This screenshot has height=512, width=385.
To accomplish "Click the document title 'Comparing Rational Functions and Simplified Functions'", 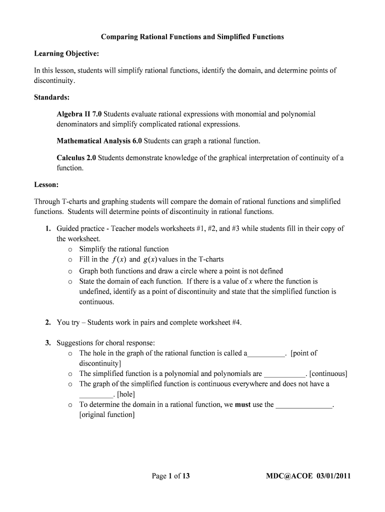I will (x=192, y=37).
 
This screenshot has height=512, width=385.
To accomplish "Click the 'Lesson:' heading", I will (x=46, y=184).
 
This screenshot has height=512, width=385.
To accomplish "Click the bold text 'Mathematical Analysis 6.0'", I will (x=99, y=140).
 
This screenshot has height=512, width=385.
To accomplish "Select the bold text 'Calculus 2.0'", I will (x=76, y=158).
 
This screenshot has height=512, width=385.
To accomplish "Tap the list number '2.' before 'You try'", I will (x=48, y=322).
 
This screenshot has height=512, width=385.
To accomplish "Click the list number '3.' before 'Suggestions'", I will (x=48, y=343).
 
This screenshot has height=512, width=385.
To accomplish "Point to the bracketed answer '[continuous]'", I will (x=328, y=373).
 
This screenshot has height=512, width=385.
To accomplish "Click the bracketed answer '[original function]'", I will (x=106, y=415).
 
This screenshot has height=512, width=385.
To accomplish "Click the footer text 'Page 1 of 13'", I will (x=171, y=476).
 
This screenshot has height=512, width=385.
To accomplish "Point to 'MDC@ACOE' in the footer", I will (x=288, y=476).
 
